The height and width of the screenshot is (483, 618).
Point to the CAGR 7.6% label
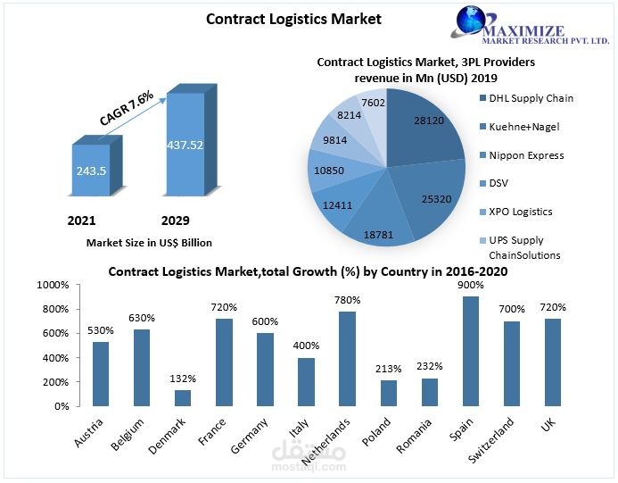point(127,105)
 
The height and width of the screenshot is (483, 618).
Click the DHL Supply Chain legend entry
point(531,98)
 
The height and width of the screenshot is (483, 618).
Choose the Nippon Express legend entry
point(525,155)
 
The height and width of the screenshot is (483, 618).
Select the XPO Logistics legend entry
point(522,212)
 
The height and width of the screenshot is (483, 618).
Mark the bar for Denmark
point(182,397)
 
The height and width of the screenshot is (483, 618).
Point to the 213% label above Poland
point(388,368)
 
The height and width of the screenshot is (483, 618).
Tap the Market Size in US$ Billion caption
point(149,242)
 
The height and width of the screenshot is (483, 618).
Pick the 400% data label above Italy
point(306,346)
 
